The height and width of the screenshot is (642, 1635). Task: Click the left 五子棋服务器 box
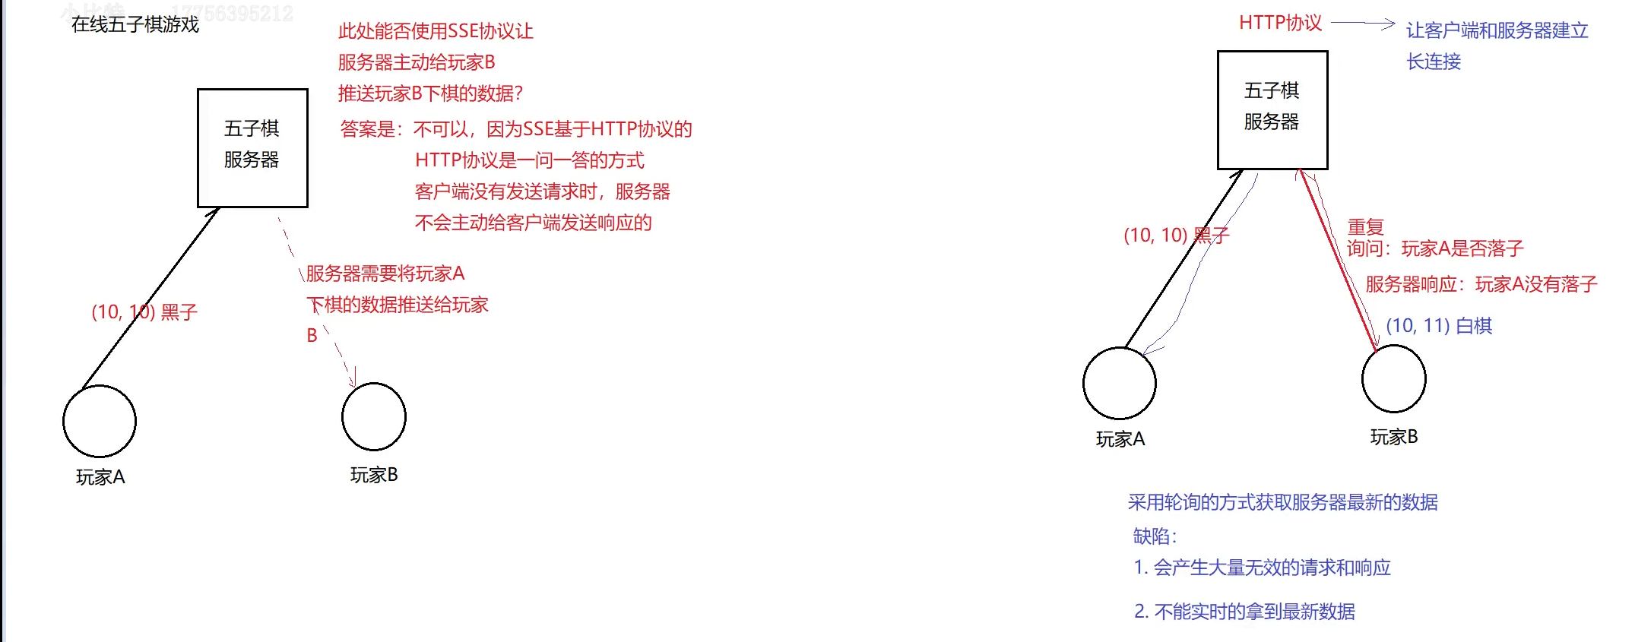pyautogui.click(x=252, y=147)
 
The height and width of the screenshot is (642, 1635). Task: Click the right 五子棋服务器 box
pyautogui.click(x=1272, y=109)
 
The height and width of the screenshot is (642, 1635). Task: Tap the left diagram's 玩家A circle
pyautogui.click(x=100, y=422)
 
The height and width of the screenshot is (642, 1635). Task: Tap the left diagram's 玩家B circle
pyautogui.click(x=374, y=416)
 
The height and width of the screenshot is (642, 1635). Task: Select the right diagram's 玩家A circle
pyautogui.click(x=1120, y=383)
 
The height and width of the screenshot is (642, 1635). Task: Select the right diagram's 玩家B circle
pyautogui.click(x=1394, y=378)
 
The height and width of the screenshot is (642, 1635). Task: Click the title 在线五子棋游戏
pyautogui.click(x=135, y=25)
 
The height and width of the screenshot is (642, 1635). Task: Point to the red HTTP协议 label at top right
pyautogui.click(x=1281, y=23)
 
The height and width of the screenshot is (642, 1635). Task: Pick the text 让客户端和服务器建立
pyautogui.click(x=1497, y=30)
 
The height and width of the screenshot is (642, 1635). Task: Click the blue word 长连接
pyautogui.click(x=1434, y=62)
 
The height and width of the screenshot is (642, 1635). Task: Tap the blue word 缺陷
pyautogui.click(x=1154, y=536)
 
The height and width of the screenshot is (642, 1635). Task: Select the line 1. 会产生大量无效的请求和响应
pyautogui.click(x=1263, y=568)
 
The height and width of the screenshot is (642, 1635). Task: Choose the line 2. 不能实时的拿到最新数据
pyautogui.click(x=1244, y=612)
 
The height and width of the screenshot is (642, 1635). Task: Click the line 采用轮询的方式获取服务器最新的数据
pyautogui.click(x=1283, y=502)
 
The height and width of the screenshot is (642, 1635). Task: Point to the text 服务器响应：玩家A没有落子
pyautogui.click(x=1481, y=284)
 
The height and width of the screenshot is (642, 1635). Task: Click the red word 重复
pyautogui.click(x=1366, y=226)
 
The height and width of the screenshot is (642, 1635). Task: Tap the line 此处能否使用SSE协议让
pyautogui.click(x=436, y=31)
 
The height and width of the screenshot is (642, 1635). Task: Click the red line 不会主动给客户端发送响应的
pyautogui.click(x=534, y=223)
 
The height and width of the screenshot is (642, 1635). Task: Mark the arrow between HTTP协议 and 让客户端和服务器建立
pyautogui.click(x=1363, y=24)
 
